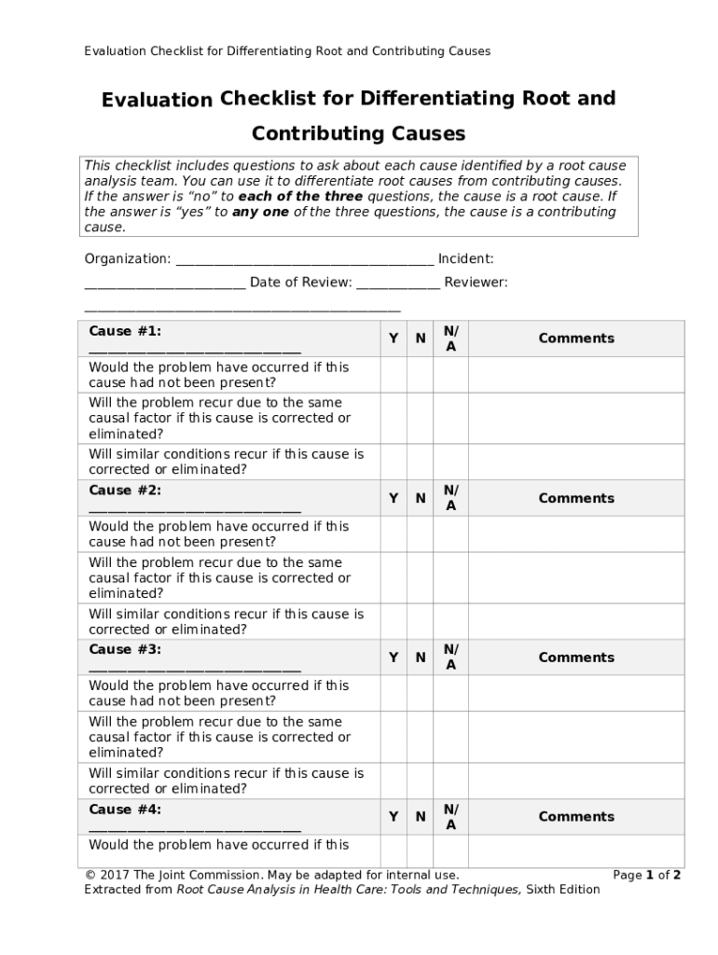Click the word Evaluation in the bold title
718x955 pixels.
[x=158, y=100]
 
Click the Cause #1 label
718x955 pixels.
[x=125, y=331]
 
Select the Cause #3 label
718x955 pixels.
[x=125, y=649]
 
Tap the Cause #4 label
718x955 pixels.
[x=125, y=810]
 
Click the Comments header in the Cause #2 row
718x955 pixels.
[x=576, y=498]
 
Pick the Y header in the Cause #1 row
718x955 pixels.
[x=394, y=339]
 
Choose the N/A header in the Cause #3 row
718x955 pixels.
[x=451, y=657]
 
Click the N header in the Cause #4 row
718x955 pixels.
[x=421, y=817]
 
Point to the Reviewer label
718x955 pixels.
[x=476, y=283]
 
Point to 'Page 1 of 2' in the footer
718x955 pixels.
[x=646, y=875]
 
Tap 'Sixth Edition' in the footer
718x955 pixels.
[x=563, y=890]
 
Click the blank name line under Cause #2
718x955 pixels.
[x=194, y=509]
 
